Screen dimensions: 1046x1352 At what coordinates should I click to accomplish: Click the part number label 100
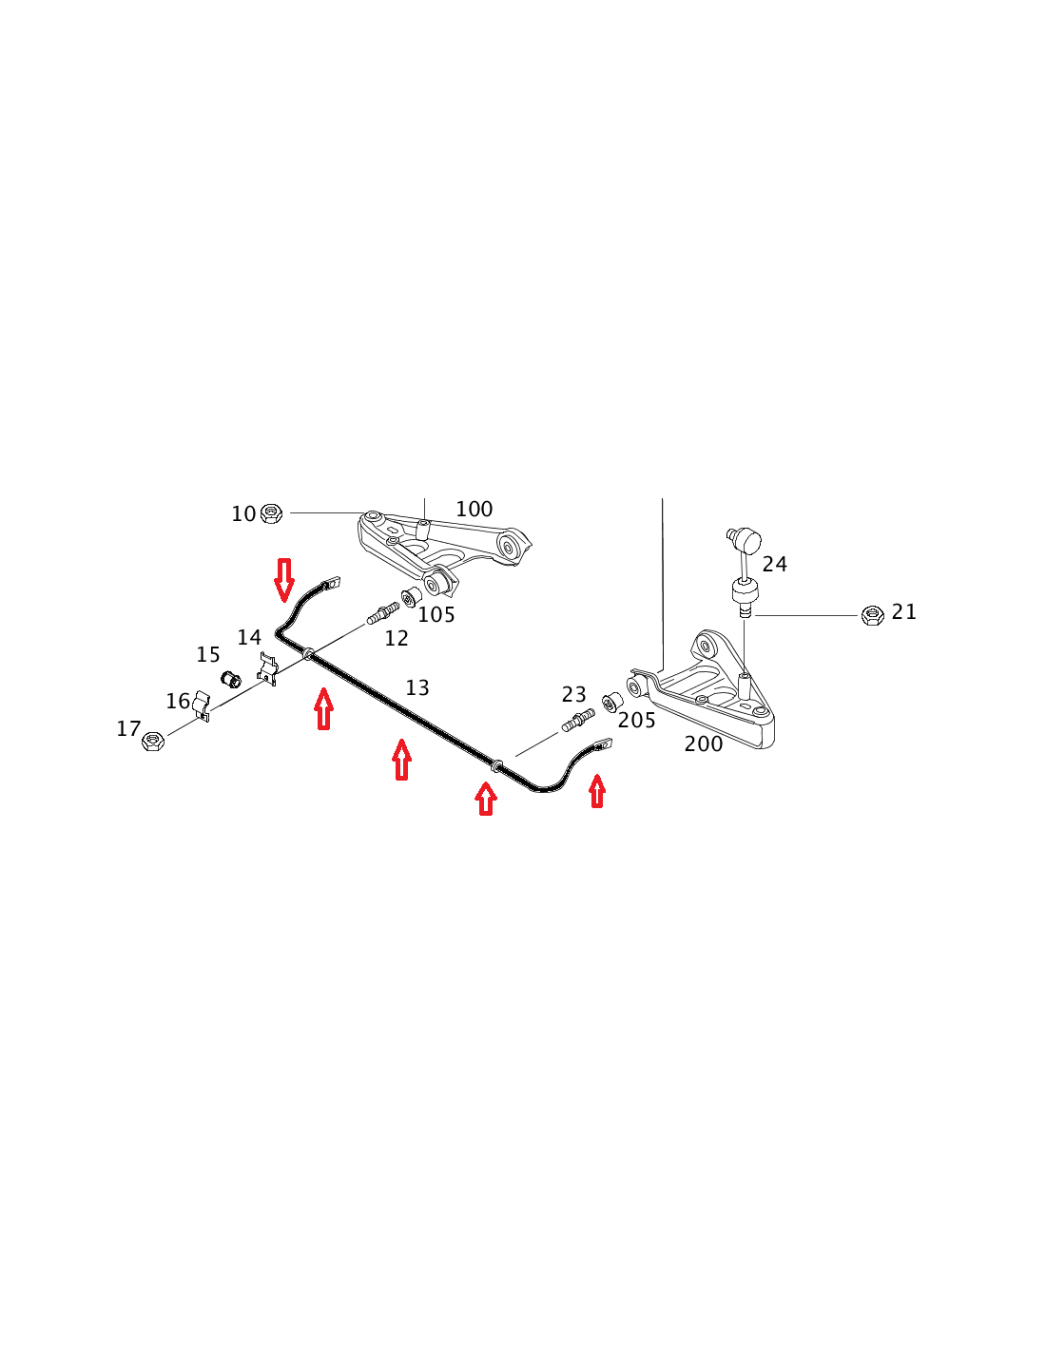475,509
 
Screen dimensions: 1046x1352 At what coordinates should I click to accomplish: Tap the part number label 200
703,744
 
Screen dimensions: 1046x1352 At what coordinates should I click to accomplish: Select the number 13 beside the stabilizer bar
416,687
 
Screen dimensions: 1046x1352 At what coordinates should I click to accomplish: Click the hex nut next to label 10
271,513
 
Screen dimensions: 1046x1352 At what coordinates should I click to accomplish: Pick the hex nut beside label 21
872,615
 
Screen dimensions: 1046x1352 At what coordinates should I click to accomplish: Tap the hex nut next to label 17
153,741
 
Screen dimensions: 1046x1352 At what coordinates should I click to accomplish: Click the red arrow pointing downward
284,581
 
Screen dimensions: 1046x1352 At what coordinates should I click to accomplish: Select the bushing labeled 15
231,679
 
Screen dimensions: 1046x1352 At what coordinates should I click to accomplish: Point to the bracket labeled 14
267,668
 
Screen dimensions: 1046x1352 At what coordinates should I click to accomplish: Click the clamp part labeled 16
203,706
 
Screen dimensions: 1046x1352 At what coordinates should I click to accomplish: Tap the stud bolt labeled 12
383,613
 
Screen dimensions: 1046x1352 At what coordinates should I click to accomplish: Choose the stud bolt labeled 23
578,721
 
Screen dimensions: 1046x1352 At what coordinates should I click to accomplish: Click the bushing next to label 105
410,597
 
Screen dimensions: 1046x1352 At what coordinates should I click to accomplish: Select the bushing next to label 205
613,702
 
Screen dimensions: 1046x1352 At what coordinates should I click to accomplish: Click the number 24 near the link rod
775,565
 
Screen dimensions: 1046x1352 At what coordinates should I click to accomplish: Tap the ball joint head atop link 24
745,539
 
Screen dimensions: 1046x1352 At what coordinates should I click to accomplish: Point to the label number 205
636,721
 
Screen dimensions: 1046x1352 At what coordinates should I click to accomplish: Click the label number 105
436,615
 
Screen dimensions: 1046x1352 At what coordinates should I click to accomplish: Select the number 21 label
903,612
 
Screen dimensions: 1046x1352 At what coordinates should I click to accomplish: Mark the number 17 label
128,728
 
